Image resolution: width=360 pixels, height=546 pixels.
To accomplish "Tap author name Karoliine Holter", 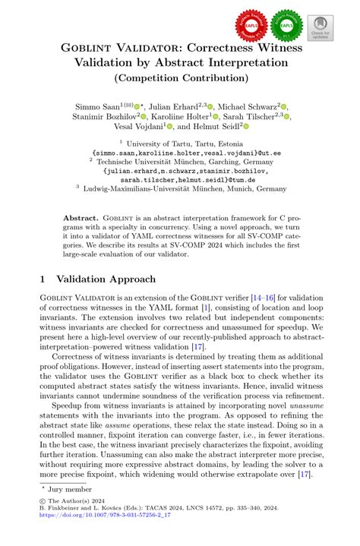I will point(182,117).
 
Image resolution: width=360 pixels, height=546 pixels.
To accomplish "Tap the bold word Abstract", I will point(80,217).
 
